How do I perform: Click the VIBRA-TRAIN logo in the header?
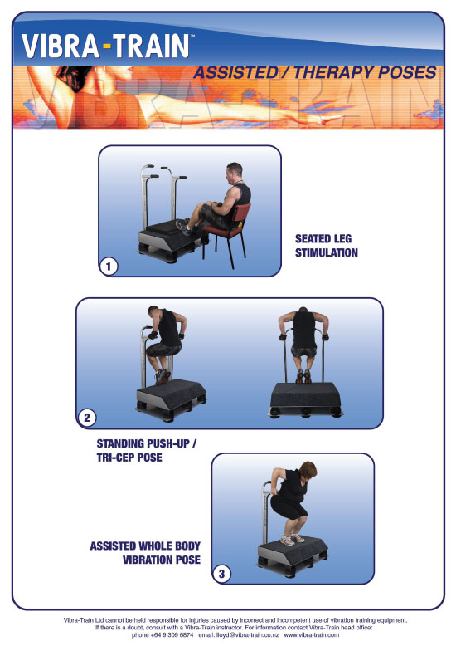coord(106,46)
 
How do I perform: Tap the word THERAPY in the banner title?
coord(332,72)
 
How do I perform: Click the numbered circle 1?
coord(109,267)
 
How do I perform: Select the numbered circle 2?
coord(87,418)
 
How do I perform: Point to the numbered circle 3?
coord(222,574)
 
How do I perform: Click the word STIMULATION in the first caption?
coord(327,252)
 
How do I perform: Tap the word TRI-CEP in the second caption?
coord(114,458)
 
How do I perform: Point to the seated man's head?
coord(235,173)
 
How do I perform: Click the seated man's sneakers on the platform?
coord(183,227)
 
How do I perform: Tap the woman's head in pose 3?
coord(308,471)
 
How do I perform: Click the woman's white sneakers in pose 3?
coord(292,539)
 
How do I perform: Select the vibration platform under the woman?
coord(293,555)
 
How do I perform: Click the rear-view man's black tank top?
coord(304,330)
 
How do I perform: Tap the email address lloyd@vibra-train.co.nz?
coord(247,635)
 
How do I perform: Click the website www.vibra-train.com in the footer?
coord(312,635)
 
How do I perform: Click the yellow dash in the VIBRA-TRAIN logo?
coord(107,46)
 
